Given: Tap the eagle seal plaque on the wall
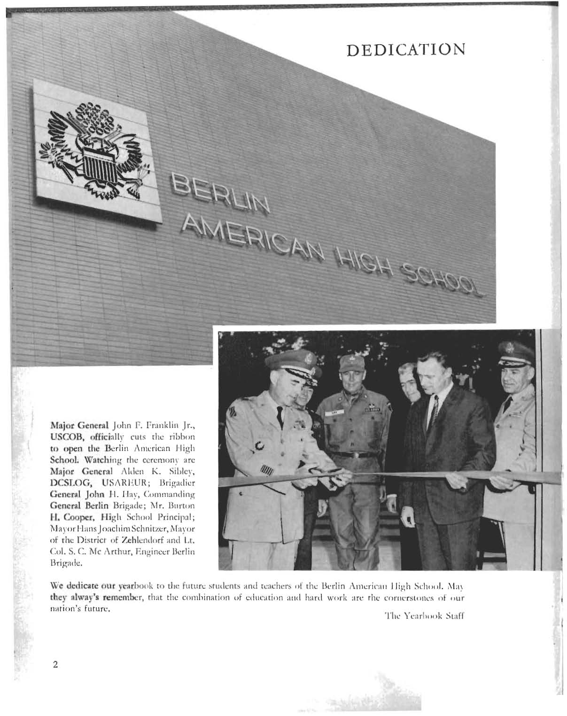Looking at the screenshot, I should click(97, 150).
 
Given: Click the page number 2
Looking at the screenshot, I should click(55, 664).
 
